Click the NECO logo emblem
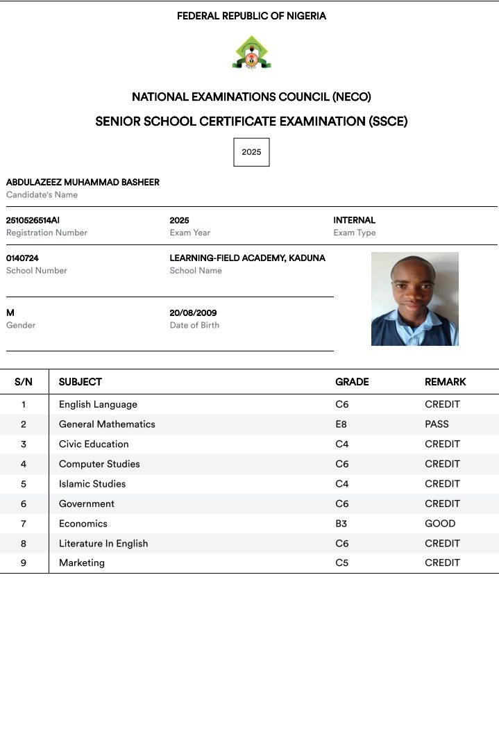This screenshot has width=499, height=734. click(x=251, y=53)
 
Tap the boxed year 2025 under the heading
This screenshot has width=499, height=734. click(x=251, y=152)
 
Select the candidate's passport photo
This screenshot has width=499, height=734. click(x=414, y=299)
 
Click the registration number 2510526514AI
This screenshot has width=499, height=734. click(x=33, y=220)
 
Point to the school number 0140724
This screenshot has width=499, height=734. click(x=22, y=258)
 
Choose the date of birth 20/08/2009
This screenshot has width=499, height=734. click(x=193, y=313)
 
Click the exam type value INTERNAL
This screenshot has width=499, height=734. click(x=354, y=220)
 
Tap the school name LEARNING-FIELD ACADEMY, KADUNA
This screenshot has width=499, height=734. click(x=247, y=258)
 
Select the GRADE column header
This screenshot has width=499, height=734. click(x=352, y=382)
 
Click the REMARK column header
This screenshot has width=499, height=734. click(x=445, y=382)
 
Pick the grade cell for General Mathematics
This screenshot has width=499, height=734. click(x=341, y=424)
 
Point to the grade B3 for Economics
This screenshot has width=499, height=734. click(x=341, y=524)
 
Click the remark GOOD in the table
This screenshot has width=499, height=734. click(x=440, y=524)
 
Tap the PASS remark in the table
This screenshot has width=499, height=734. click(x=437, y=424)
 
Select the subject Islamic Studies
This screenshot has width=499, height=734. click(x=92, y=484)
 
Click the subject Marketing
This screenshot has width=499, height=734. click(x=82, y=563)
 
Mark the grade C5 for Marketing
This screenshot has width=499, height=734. click(x=341, y=563)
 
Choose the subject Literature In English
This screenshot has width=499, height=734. click(x=103, y=544)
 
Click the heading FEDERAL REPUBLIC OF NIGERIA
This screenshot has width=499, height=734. click(x=251, y=16)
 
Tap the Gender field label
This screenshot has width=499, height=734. click(x=21, y=325)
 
